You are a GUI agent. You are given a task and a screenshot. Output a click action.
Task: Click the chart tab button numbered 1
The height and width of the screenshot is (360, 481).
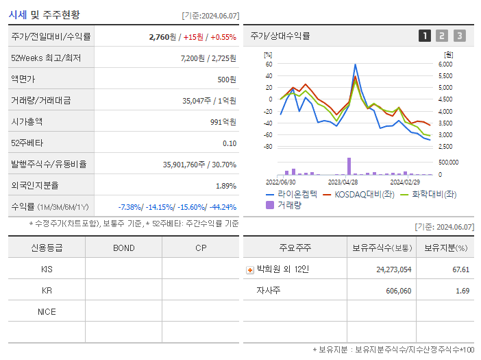(425, 36)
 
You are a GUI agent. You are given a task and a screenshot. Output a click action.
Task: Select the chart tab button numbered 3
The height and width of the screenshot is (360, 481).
(459, 36)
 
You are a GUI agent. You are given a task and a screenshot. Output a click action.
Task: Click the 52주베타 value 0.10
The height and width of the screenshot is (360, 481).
(230, 143)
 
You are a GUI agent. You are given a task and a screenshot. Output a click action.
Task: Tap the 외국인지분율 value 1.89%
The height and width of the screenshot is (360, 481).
(225, 186)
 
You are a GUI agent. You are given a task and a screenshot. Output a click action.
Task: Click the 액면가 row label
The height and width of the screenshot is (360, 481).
(23, 80)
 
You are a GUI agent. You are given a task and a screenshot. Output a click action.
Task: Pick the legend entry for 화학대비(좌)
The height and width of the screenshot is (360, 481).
(434, 195)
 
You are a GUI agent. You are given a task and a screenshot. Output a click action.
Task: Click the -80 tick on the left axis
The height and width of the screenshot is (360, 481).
(267, 147)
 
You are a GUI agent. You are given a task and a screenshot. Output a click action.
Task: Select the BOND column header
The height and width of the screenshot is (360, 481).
(123, 248)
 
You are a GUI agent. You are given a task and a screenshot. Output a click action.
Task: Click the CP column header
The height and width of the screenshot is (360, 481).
(201, 248)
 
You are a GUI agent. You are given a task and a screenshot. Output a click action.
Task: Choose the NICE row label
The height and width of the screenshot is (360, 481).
(47, 312)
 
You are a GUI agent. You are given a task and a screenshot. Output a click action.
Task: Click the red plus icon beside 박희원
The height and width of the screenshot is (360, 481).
(249, 269)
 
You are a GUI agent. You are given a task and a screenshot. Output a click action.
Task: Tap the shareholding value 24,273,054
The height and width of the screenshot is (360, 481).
(394, 269)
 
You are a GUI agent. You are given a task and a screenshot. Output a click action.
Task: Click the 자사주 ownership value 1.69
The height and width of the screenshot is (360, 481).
(461, 291)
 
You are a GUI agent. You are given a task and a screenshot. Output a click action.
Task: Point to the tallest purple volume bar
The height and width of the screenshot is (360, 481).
(349, 166)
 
